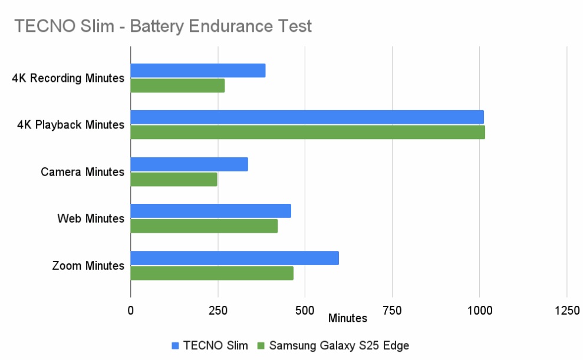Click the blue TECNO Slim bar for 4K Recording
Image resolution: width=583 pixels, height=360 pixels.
pos(198,71)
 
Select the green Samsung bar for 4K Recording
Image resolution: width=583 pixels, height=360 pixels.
pos(177,85)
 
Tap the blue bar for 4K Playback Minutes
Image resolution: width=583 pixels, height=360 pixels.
pos(307,117)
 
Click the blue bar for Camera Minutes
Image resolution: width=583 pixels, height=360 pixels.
pos(189,164)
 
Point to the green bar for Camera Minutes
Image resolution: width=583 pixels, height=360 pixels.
pos(174,179)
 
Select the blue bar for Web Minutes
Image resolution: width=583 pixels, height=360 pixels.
pos(210,211)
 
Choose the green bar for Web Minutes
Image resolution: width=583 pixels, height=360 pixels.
pos(204,226)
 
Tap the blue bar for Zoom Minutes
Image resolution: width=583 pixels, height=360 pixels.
pos(235,258)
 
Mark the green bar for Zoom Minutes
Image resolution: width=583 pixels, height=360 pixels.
pos(212,273)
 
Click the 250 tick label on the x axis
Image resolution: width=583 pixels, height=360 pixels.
pos(218,310)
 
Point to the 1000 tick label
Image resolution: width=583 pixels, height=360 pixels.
pos(479,310)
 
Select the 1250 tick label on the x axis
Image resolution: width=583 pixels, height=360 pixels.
pos(566,310)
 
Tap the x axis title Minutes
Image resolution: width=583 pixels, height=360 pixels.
pos(348,318)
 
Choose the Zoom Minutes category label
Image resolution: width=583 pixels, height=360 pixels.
pos(88,266)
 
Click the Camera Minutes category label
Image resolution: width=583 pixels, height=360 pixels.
pos(83,172)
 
